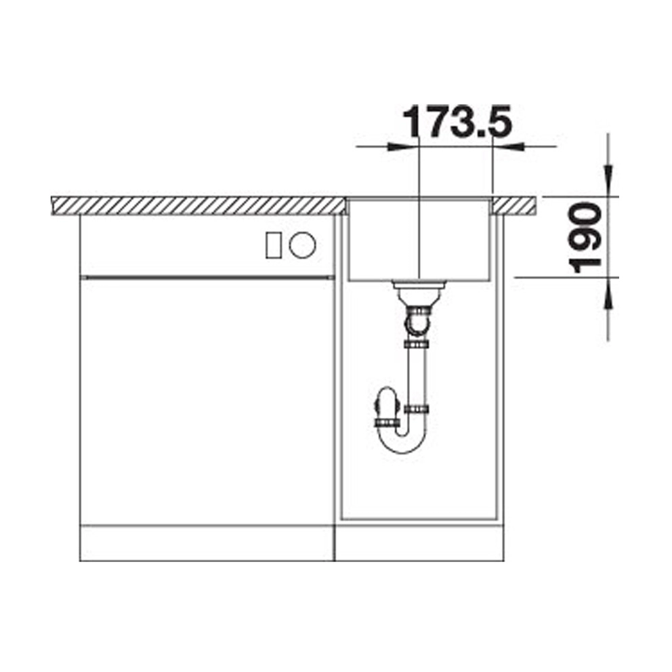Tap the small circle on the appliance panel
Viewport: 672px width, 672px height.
click(302, 245)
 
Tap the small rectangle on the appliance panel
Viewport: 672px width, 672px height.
click(273, 245)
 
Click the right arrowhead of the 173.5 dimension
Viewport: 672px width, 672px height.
click(508, 146)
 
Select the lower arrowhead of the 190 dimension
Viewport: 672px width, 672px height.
click(607, 293)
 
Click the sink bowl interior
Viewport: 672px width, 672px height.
click(419, 240)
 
